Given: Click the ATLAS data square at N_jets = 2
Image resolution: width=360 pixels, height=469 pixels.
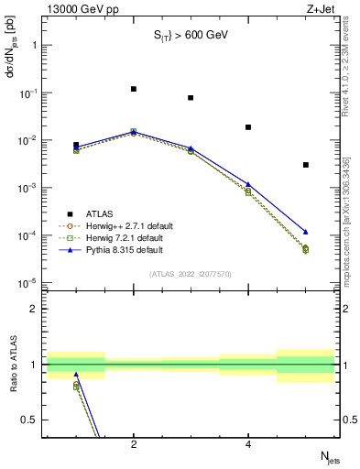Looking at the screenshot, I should coord(134,89).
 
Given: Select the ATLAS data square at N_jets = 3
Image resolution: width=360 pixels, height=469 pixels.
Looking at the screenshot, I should coord(191,97).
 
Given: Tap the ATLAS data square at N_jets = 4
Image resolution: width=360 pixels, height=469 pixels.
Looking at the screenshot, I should coord(248,127).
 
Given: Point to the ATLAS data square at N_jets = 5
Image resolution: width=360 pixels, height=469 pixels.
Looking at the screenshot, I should coord(305,165).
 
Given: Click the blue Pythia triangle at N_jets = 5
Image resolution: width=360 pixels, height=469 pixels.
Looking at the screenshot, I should coord(305,232).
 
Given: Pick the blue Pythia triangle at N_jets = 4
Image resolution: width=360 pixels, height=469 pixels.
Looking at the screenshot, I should coord(248,184).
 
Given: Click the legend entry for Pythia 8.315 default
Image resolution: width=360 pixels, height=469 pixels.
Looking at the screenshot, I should coord(125,249).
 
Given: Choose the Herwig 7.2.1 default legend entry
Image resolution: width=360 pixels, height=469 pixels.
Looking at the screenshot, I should coord(125,237).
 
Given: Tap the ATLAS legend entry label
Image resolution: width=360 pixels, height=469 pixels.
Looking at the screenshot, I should coord(100,213).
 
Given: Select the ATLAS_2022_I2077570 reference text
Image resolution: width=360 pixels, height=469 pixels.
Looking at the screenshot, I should coord(191,274).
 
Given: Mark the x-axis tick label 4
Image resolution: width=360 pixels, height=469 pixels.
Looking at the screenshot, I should coord(248,444).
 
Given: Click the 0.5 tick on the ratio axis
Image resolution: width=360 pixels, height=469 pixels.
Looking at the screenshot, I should coord(33,420).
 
